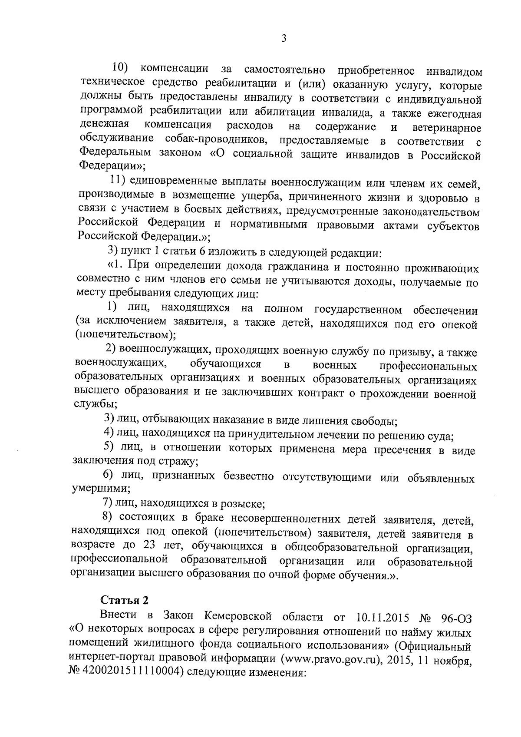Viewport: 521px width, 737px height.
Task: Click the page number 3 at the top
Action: [284, 39]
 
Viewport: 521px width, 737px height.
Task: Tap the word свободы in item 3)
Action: [376, 421]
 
